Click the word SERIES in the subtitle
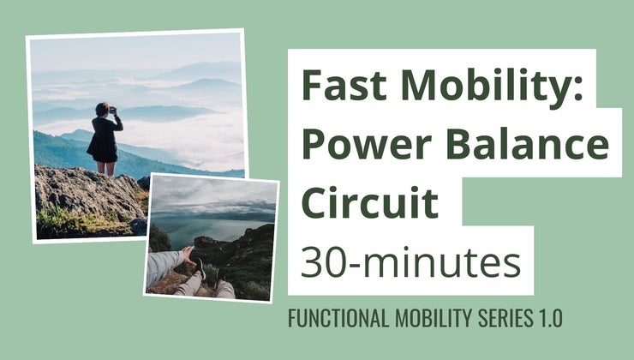click(495, 319)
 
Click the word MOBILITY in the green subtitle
click(426, 319)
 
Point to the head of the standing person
click(103, 109)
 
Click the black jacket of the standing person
click(103, 137)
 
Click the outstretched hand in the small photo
click(186, 254)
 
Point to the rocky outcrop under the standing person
click(86, 193)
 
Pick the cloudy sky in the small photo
click(214, 193)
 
